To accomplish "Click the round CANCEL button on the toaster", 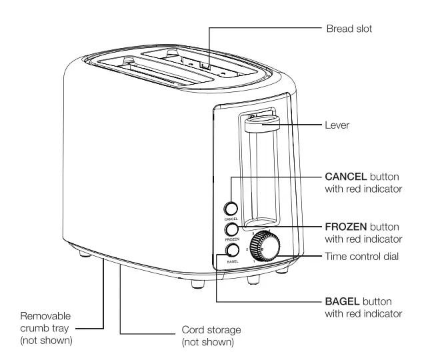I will (x=231, y=208).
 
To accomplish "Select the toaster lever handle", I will (x=261, y=123).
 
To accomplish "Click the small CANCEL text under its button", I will (x=230, y=218).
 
